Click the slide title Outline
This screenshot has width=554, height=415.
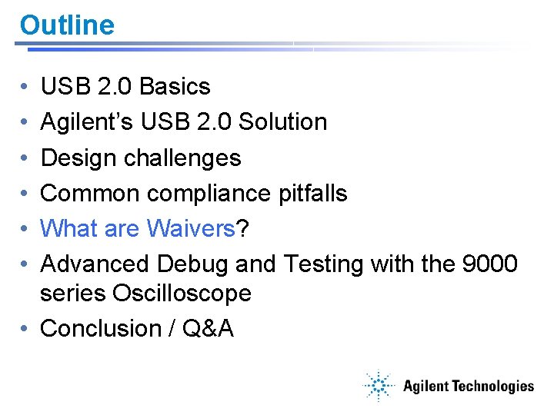tap(67, 25)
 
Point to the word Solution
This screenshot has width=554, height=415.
tap(282, 122)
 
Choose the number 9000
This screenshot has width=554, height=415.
tap(489, 264)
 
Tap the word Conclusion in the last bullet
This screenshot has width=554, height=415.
tap(99, 328)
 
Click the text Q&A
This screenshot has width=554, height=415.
tap(207, 328)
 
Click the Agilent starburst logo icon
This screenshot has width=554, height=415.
tap(379, 387)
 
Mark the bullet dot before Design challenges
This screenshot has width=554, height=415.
tap(25, 158)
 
